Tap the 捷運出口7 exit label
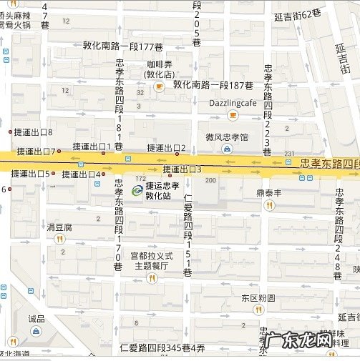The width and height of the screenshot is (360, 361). (34, 151)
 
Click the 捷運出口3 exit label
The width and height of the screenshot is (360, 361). (182, 169)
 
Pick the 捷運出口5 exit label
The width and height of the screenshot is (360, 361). (29, 174)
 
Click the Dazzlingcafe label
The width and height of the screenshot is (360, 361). (233, 103)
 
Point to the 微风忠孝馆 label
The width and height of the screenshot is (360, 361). (227, 137)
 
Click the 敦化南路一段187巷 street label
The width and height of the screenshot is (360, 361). (213, 84)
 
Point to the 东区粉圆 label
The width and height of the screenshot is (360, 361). (258, 297)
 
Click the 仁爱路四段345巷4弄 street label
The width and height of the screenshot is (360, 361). (163, 348)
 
